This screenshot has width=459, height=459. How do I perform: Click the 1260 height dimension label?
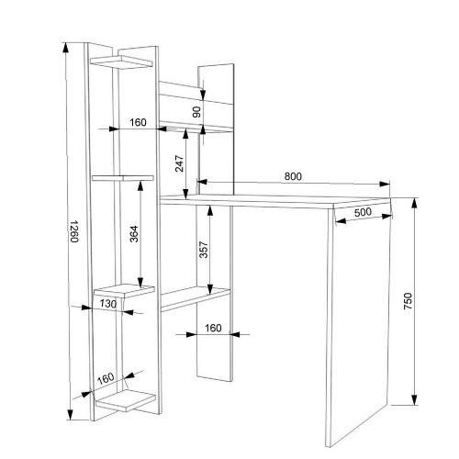(x=74, y=231)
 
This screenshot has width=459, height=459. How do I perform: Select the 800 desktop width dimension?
(x=293, y=176)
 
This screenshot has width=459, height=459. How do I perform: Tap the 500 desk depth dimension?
(x=363, y=212)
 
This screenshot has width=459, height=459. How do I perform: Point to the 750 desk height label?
(x=408, y=301)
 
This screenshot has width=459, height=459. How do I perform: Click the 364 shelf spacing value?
(x=134, y=234)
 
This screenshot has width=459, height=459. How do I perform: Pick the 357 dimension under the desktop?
(x=204, y=250)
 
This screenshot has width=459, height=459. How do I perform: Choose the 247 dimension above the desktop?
(x=179, y=163)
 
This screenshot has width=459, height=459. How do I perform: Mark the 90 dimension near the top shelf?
(x=196, y=112)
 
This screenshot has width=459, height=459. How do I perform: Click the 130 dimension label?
(x=108, y=304)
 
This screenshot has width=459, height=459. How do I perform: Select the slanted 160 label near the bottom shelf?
(x=106, y=378)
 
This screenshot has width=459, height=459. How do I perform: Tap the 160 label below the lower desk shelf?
(x=213, y=328)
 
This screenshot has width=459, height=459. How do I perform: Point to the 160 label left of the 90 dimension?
(x=138, y=122)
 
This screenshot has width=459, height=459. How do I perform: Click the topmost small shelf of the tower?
(x=121, y=62)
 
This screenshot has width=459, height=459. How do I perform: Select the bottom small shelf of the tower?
(x=126, y=401)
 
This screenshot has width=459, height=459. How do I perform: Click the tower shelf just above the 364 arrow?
(x=123, y=178)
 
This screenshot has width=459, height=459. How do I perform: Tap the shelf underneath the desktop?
(x=196, y=299)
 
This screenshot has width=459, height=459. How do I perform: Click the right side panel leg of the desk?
(x=359, y=324)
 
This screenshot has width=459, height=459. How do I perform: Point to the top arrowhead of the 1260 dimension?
(x=65, y=48)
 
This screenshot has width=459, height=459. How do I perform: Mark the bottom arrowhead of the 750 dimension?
(x=414, y=399)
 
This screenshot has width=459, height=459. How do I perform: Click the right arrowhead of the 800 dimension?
(x=385, y=185)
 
